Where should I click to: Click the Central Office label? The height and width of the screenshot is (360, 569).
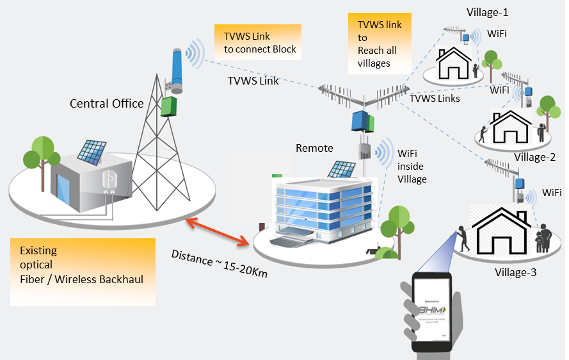(106, 103)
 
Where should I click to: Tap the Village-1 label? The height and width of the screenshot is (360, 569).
(488, 12)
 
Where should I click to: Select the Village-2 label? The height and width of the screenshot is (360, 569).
(534, 157)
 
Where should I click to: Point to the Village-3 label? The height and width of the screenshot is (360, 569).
(515, 273)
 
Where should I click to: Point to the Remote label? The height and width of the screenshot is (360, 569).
(314, 148)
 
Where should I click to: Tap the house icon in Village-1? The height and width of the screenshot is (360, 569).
(453, 62)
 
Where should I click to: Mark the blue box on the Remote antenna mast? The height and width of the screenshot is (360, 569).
(362, 120)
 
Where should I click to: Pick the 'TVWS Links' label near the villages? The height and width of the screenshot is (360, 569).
(435, 98)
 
